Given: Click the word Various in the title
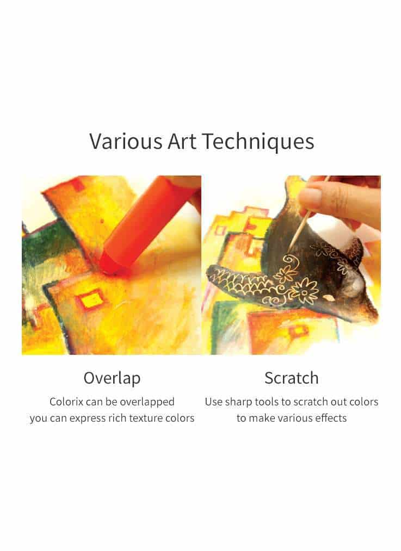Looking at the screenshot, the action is (x=126, y=141).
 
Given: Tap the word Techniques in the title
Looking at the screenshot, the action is (x=258, y=142).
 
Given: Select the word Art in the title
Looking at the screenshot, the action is (x=182, y=141).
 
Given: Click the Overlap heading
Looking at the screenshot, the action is (x=112, y=379).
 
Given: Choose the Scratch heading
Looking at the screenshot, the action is (x=292, y=378).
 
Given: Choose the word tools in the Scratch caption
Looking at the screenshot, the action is (x=266, y=402).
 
